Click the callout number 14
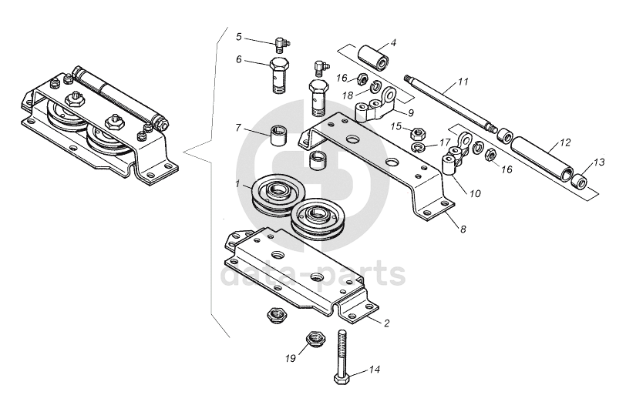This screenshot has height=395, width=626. [x=374, y=370]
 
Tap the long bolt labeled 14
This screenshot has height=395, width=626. [x=342, y=357]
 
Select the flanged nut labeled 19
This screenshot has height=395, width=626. [x=316, y=339]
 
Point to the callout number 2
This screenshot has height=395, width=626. [x=386, y=323]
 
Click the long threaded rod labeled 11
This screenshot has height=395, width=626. [x=450, y=102]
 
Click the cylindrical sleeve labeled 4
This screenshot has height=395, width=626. [x=373, y=58]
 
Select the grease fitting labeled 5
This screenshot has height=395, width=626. [x=283, y=44]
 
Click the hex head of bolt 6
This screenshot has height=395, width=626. [x=279, y=65]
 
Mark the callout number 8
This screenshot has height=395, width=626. [x=463, y=229]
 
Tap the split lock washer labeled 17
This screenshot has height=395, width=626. [x=418, y=148]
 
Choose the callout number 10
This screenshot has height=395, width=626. [x=475, y=194]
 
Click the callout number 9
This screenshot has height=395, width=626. [x=411, y=112]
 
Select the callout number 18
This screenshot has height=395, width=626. [x=348, y=95]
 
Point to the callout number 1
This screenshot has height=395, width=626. [x=237, y=184]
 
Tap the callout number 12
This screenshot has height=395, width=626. [x=565, y=142]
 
